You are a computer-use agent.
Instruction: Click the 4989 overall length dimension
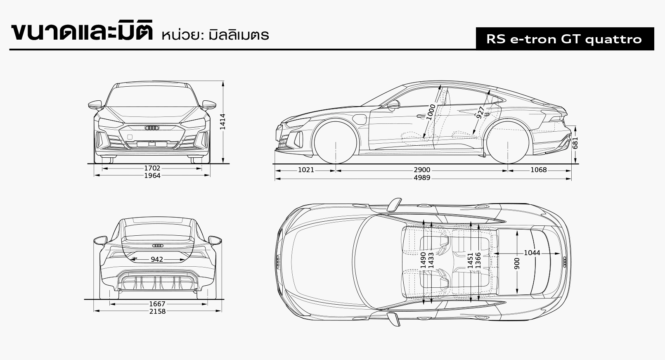point(422,178)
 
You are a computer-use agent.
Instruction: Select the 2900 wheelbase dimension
point(422,170)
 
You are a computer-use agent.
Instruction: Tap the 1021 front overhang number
point(306,170)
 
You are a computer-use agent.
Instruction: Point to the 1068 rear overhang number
point(538,170)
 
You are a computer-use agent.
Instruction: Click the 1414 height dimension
point(223,122)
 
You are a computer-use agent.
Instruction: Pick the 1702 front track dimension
point(152,168)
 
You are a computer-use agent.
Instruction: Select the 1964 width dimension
point(152,175)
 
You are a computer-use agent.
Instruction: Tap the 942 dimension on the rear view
point(157,259)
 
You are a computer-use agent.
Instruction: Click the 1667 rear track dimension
point(157,304)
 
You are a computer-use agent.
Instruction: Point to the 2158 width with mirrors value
point(157,311)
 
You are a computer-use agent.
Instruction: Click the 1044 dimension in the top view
point(532,253)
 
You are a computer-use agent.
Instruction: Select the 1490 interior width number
point(423,261)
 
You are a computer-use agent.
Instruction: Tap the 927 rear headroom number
point(480,112)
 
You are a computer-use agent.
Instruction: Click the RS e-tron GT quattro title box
point(564,39)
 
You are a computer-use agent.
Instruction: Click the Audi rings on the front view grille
point(152,128)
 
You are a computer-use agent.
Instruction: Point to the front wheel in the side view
point(336,142)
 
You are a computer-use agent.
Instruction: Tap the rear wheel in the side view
point(507,142)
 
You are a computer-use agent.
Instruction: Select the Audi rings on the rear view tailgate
point(158,246)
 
